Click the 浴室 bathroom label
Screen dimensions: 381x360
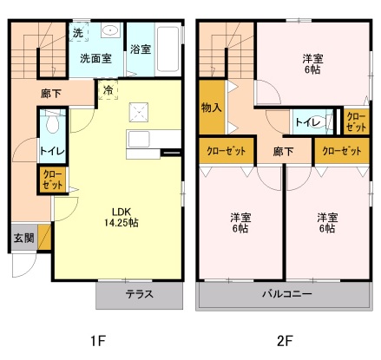point(141,49)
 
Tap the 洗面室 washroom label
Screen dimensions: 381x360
point(95,59)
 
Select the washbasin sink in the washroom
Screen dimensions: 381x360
point(110,30)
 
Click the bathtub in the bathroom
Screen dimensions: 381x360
point(168,49)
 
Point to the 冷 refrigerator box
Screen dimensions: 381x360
point(108,90)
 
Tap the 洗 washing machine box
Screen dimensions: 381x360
point(78,32)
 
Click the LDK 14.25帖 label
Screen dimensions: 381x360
point(122,217)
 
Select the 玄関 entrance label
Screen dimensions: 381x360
point(24,238)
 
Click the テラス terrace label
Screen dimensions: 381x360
point(139,294)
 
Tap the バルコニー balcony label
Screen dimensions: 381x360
point(287,294)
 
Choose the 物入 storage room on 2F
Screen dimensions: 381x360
point(212,107)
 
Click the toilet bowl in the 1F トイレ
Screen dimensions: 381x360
point(53,123)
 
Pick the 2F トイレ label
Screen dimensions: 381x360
point(308,122)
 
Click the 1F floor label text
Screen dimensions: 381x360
point(98,341)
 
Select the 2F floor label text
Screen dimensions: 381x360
point(285,341)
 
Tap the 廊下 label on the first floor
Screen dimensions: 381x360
point(51,94)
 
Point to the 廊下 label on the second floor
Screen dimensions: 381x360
point(283,151)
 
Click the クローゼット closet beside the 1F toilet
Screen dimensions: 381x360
point(53,180)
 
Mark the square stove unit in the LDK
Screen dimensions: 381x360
point(139,112)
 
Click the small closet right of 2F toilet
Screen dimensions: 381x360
point(357,121)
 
